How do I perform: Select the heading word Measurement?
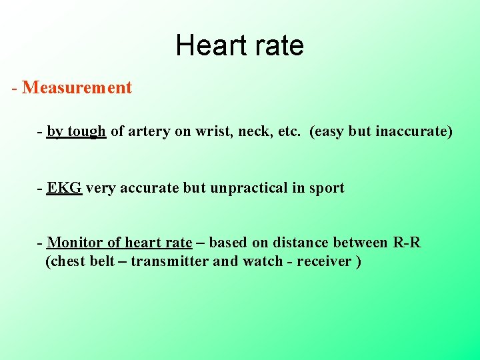77,87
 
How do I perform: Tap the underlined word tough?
86,131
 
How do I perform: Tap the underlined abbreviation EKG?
65,188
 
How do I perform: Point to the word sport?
327,188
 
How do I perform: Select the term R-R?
407,243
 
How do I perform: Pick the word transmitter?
169,261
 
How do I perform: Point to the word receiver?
324,261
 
